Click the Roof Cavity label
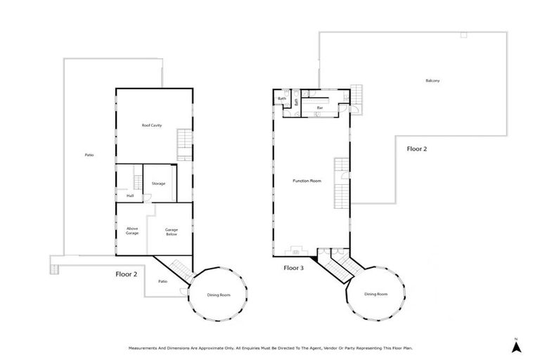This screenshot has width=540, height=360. pyautogui.click(x=152, y=125)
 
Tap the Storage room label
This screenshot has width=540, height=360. pyautogui.click(x=158, y=184)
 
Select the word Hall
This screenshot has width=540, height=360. pyautogui.click(x=130, y=195)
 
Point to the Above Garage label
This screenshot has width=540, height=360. pyautogui.click(x=132, y=230)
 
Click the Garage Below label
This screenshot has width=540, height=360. pyautogui.click(x=171, y=231)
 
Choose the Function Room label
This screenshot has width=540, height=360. pyautogui.click(x=307, y=181)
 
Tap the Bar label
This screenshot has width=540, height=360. pyautogui.click(x=320, y=108)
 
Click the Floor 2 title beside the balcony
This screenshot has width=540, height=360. pyautogui.click(x=418, y=149)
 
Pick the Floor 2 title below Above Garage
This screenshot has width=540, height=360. pyautogui.click(x=127, y=275)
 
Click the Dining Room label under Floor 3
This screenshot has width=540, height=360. pyautogui.click(x=375, y=294)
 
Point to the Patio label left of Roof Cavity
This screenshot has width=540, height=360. pyautogui.click(x=89, y=155)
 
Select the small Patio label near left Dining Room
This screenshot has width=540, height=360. pyautogui.click(x=162, y=281)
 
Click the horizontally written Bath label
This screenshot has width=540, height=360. pyautogui.click(x=282, y=98)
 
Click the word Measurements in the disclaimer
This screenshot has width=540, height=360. pyautogui.click(x=143, y=347)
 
